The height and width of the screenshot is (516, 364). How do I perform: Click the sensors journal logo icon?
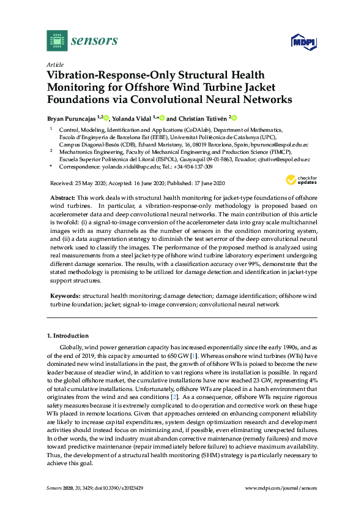click(56, 40)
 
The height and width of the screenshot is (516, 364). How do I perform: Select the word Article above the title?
click(54, 64)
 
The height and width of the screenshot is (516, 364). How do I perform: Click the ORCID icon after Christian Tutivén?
click(234, 118)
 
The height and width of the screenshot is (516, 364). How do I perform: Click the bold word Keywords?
click(64, 295)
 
